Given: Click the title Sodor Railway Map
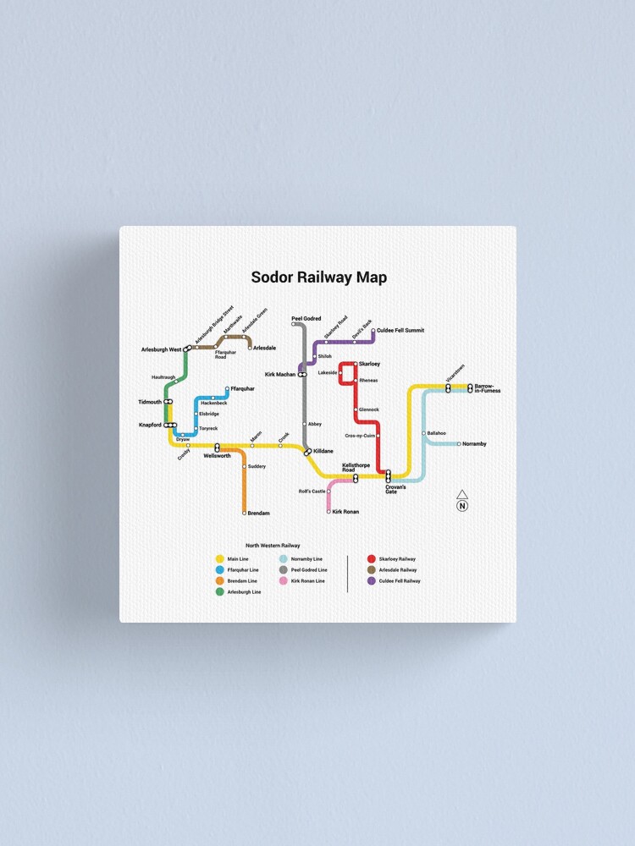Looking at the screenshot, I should pos(318,277).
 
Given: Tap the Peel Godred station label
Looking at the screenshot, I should pos(306,318).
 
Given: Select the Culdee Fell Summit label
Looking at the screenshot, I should pos(400,330).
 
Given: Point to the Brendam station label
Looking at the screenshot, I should pos(258,513).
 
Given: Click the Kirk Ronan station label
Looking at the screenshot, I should pos(345,511).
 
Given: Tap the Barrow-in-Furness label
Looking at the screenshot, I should pos(488,388).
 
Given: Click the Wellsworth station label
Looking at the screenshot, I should pos(217,456).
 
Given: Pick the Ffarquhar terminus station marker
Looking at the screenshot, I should pos(226,389).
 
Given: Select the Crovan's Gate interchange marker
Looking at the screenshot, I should pos(389,475).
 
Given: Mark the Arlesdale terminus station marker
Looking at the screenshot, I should pos(250,347).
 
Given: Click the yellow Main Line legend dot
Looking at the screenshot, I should pos(220,559).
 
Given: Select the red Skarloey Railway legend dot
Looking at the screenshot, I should pos(371,559).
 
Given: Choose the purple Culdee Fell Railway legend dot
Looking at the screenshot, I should pos(371,581).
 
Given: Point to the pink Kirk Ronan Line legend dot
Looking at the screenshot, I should pos(283,581).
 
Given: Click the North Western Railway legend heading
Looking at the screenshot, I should pos(273,546).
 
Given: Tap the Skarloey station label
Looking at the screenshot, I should pos(369,364).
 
